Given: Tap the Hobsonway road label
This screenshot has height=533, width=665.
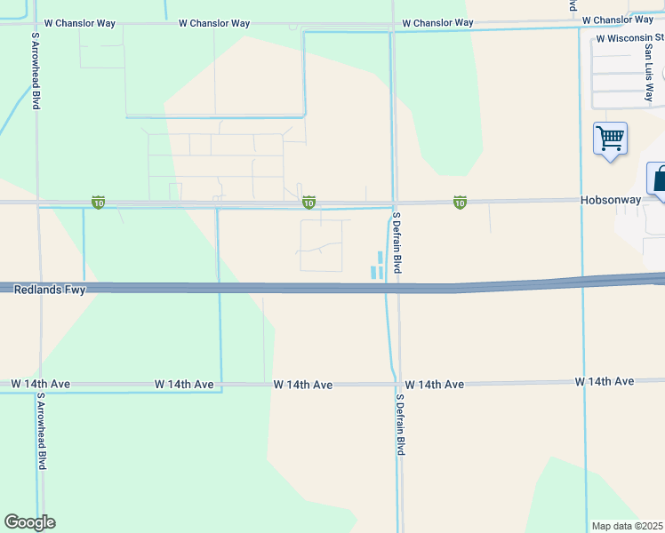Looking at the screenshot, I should coord(611,200).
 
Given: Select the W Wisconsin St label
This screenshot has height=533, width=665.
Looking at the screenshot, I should coord(630,39).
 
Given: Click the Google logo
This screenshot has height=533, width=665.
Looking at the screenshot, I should coord(29,522).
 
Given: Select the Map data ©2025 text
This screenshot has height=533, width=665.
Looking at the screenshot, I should coord(627,526).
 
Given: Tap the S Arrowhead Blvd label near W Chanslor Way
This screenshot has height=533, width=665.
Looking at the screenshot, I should coord(36,71).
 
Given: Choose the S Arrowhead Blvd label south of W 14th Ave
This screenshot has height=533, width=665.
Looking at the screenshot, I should coord(42,435).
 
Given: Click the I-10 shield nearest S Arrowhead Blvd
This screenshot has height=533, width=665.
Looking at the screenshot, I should coord(98,203).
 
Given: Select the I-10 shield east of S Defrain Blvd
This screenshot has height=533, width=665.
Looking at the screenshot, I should coord(460,203).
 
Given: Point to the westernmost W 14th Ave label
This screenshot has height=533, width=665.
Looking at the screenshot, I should coord(41,384).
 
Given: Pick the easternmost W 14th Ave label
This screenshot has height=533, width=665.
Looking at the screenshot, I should coord(604,381).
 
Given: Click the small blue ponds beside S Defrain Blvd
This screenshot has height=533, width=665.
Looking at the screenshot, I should coord(377,266).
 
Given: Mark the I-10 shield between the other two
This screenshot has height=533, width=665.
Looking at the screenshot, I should coord(308,203).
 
